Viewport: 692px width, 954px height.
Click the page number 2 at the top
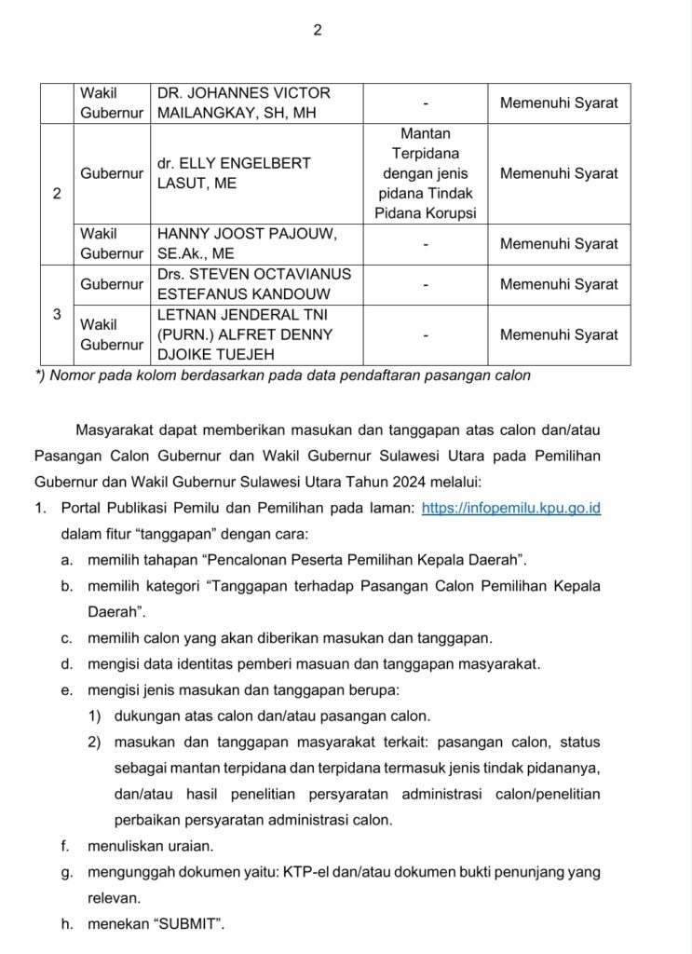point(317,30)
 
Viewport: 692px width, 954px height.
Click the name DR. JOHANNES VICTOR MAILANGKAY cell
point(244,103)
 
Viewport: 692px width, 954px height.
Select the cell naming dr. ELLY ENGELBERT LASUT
point(234,173)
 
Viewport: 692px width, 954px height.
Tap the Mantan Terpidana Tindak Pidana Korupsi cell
point(425,173)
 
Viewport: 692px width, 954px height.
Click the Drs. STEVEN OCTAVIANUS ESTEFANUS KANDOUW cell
point(254,283)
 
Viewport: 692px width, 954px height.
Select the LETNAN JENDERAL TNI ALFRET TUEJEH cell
point(245,334)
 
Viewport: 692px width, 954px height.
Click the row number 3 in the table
point(57,314)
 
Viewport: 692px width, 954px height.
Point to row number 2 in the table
point(57,195)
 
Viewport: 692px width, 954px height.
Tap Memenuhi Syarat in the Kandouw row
point(559,284)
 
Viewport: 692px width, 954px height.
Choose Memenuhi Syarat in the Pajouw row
point(559,244)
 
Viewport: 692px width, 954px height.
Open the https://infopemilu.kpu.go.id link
point(511,509)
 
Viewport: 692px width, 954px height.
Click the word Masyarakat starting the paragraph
point(117,429)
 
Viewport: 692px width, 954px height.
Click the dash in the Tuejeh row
point(425,334)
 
